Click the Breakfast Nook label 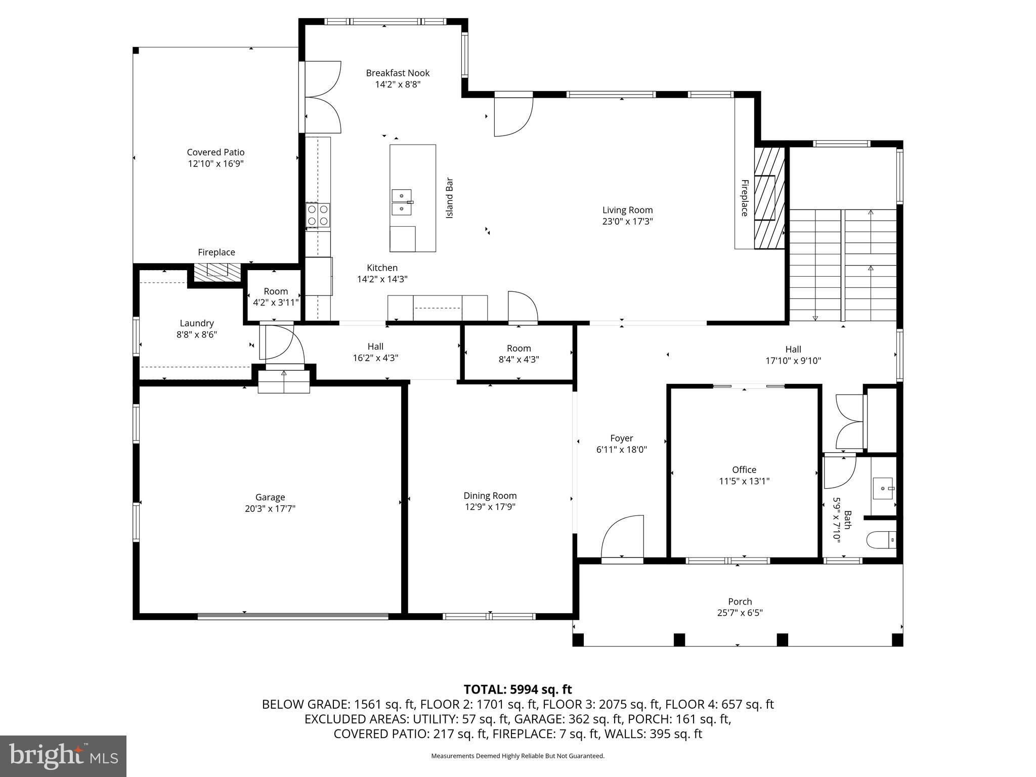point(398,73)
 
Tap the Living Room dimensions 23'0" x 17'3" point(627,221)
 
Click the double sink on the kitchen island point(402,202)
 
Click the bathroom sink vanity point(883,488)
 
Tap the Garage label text point(270,497)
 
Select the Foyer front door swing point(622,538)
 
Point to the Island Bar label point(449,198)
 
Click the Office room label point(744,469)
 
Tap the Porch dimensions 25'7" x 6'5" point(740,613)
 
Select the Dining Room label point(490,496)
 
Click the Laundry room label point(197,323)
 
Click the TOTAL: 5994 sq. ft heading point(517,689)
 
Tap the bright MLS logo point(63,756)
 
